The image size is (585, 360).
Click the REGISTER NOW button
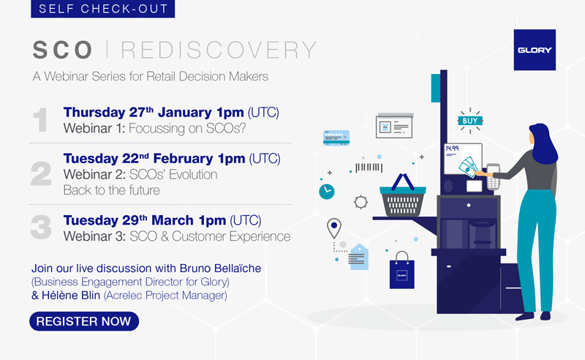coord(84,321)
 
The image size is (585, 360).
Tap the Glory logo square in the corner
coord(535,50)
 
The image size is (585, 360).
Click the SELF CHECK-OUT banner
coord(102,9)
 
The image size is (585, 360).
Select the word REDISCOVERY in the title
coord(219,50)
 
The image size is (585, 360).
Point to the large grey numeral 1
coord(40,120)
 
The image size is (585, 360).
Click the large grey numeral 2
coord(41,173)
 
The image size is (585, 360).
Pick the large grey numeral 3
coord(41,227)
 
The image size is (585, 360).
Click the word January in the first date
coord(185,113)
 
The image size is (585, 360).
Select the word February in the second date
coord(184,159)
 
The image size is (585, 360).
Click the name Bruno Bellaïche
coord(221,268)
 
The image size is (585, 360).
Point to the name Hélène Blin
coord(71,296)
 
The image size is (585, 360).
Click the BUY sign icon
coord(470,121)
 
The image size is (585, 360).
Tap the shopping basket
coord(403,196)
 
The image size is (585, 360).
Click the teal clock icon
coord(326,192)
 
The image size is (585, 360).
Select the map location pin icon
coord(334,228)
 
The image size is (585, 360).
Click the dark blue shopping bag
coord(401,271)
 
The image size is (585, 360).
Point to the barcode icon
coord(369,168)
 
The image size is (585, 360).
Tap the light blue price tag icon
coord(358,257)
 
